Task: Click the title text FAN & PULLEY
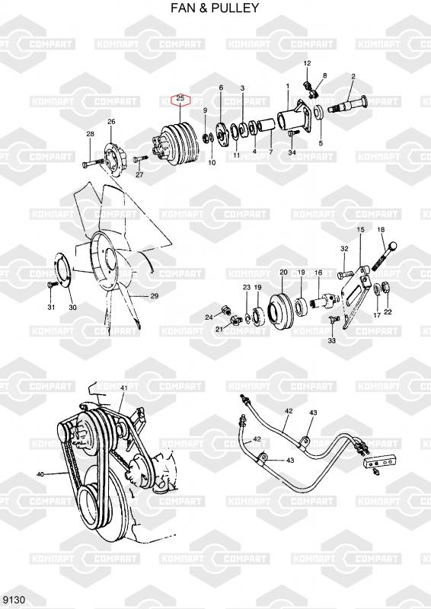click(x=215, y=8)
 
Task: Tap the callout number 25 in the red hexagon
click(x=180, y=98)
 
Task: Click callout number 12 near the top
click(x=307, y=63)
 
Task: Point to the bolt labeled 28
click(x=92, y=163)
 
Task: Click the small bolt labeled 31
click(x=53, y=284)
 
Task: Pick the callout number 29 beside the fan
click(x=155, y=296)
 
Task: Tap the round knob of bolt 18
click(x=392, y=246)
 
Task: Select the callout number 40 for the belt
click(x=40, y=473)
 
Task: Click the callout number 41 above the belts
click(x=124, y=388)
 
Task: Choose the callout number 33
click(x=331, y=340)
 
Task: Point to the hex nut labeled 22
click(x=387, y=288)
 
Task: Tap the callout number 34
click(x=292, y=152)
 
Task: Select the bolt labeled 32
click(x=346, y=274)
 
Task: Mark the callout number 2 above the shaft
click(x=353, y=77)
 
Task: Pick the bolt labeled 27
click(x=141, y=159)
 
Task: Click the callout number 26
click(x=111, y=122)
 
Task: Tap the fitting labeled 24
click(x=225, y=310)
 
